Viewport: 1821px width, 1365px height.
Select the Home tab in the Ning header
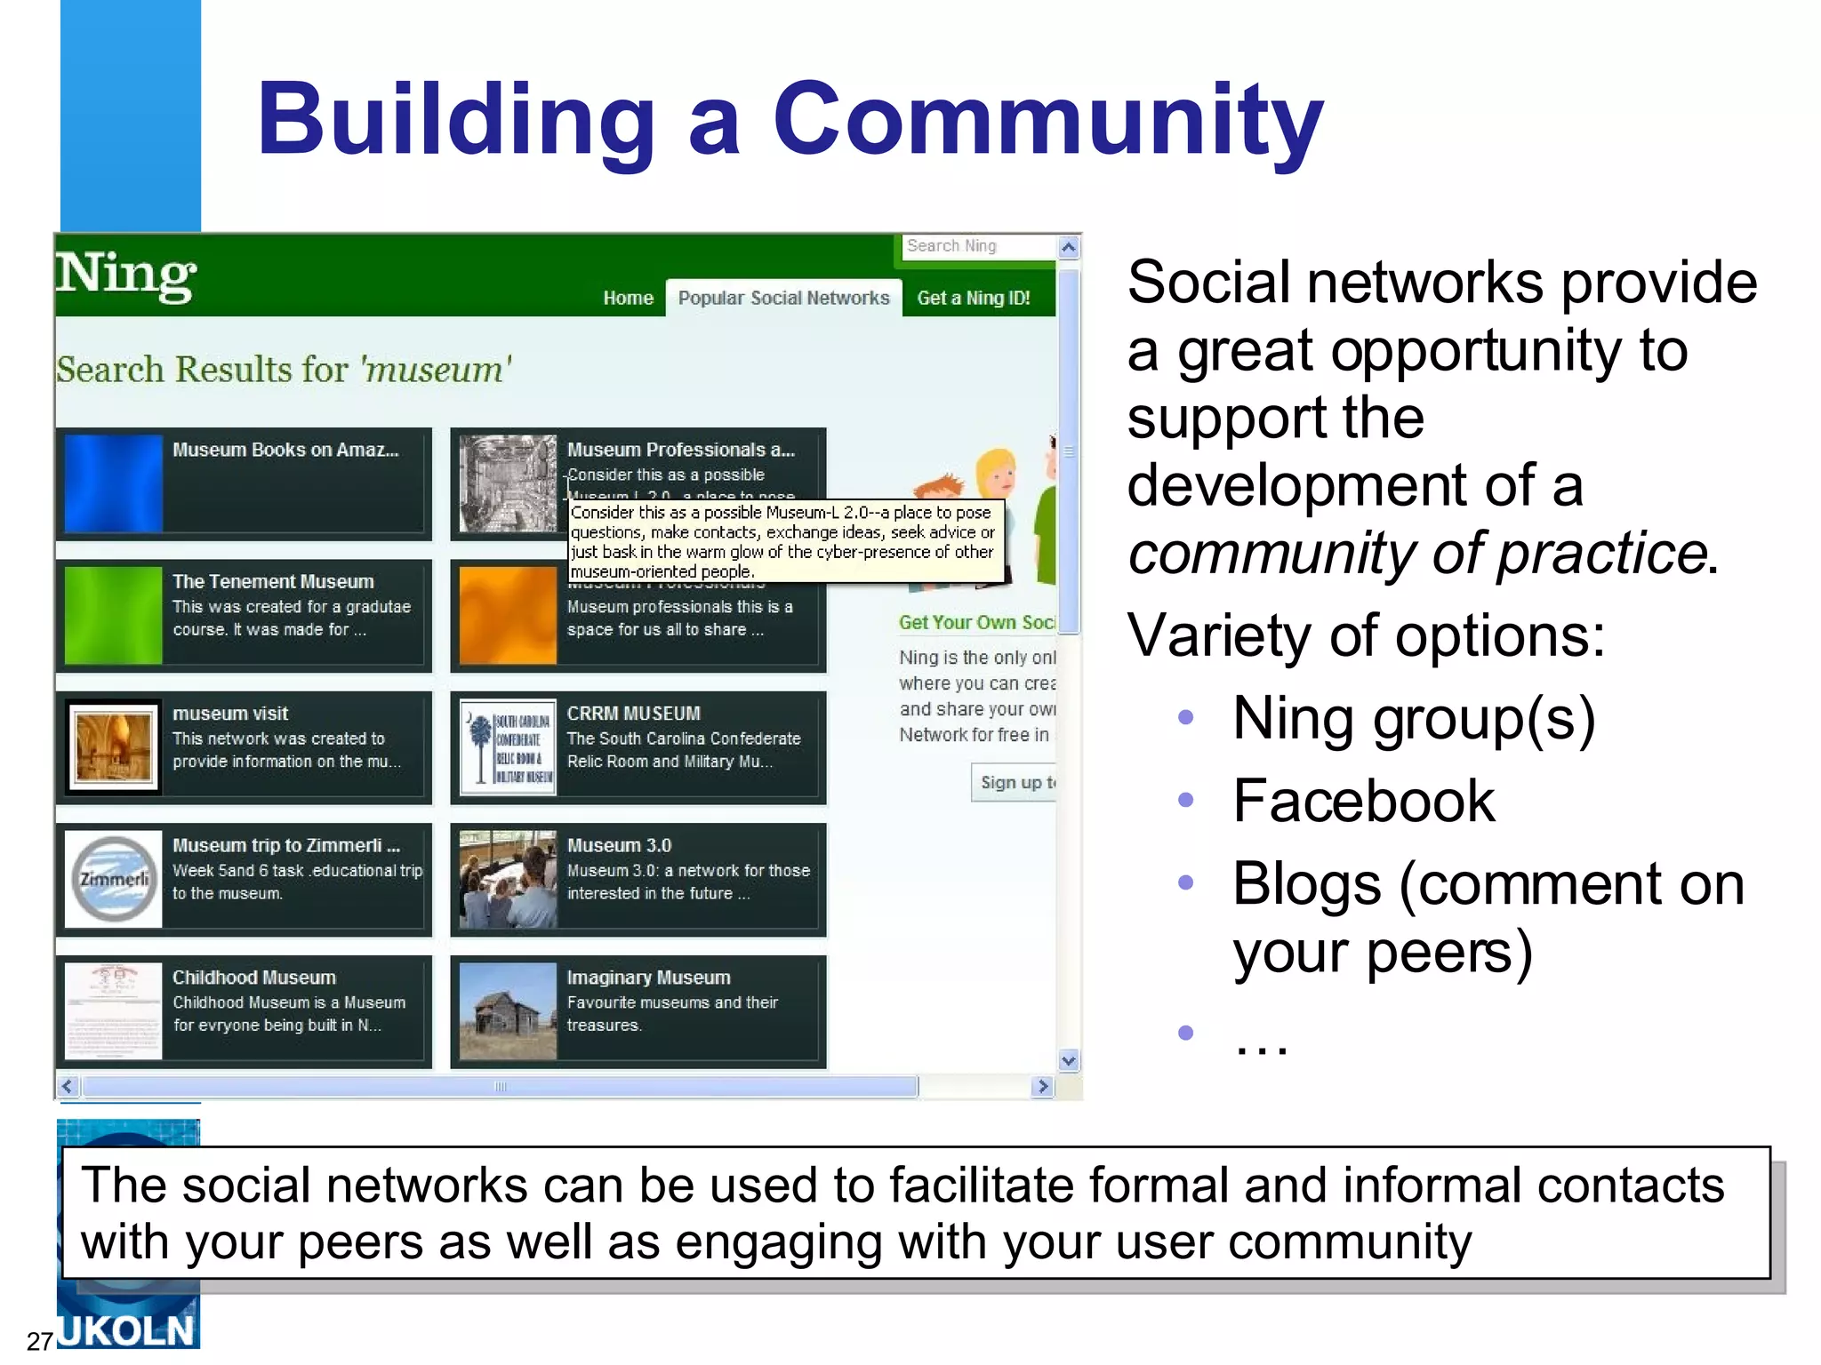point(628,299)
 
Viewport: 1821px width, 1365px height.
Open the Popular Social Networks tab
point(783,299)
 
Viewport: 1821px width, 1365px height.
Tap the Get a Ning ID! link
point(973,299)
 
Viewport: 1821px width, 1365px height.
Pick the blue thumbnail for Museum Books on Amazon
point(114,483)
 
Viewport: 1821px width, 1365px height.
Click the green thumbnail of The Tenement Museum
point(114,615)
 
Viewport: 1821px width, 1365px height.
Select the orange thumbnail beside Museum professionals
point(508,615)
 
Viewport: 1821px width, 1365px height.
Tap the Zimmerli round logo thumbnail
point(114,879)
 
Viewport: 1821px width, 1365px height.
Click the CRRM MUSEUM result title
point(633,714)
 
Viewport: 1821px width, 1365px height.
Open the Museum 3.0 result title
point(619,845)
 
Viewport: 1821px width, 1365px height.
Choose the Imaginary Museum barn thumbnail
point(508,1011)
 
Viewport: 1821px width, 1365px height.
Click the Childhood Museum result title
point(253,978)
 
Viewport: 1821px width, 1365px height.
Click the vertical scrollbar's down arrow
point(1069,1060)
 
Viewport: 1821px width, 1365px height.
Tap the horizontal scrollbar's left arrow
point(68,1086)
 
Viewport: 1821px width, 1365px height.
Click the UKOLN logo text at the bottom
point(127,1331)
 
